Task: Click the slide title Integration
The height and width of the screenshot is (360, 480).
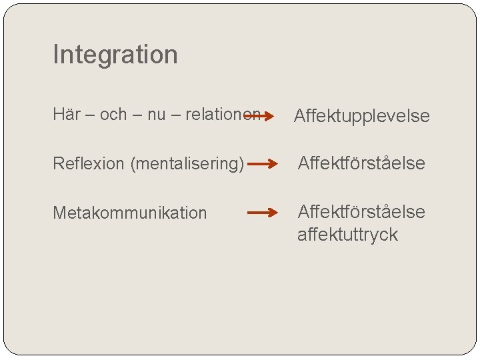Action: pos(115,55)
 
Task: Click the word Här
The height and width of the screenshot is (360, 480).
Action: pos(65,114)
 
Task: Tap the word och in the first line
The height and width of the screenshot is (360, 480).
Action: pos(113,114)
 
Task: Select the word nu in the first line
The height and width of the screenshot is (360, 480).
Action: pos(156,114)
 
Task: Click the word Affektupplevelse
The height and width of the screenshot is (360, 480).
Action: pos(362,117)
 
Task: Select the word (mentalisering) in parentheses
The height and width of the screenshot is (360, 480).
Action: pos(187,164)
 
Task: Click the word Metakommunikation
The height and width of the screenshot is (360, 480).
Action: pos(130,213)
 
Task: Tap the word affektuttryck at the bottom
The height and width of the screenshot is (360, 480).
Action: pos(347,235)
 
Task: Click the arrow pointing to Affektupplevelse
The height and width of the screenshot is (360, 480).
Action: pos(259,116)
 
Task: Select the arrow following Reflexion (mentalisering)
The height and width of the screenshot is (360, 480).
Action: pos(262,163)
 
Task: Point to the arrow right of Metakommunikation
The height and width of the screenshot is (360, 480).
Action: pos(262,213)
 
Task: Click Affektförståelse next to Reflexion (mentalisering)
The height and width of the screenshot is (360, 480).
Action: pos(361,163)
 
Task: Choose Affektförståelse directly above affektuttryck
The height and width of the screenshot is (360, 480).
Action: pos(361,211)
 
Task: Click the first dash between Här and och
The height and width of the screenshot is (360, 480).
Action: pos(89,115)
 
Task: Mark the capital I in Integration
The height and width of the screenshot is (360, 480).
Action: pos(55,55)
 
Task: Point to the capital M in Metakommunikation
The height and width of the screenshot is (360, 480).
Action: pos(59,213)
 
